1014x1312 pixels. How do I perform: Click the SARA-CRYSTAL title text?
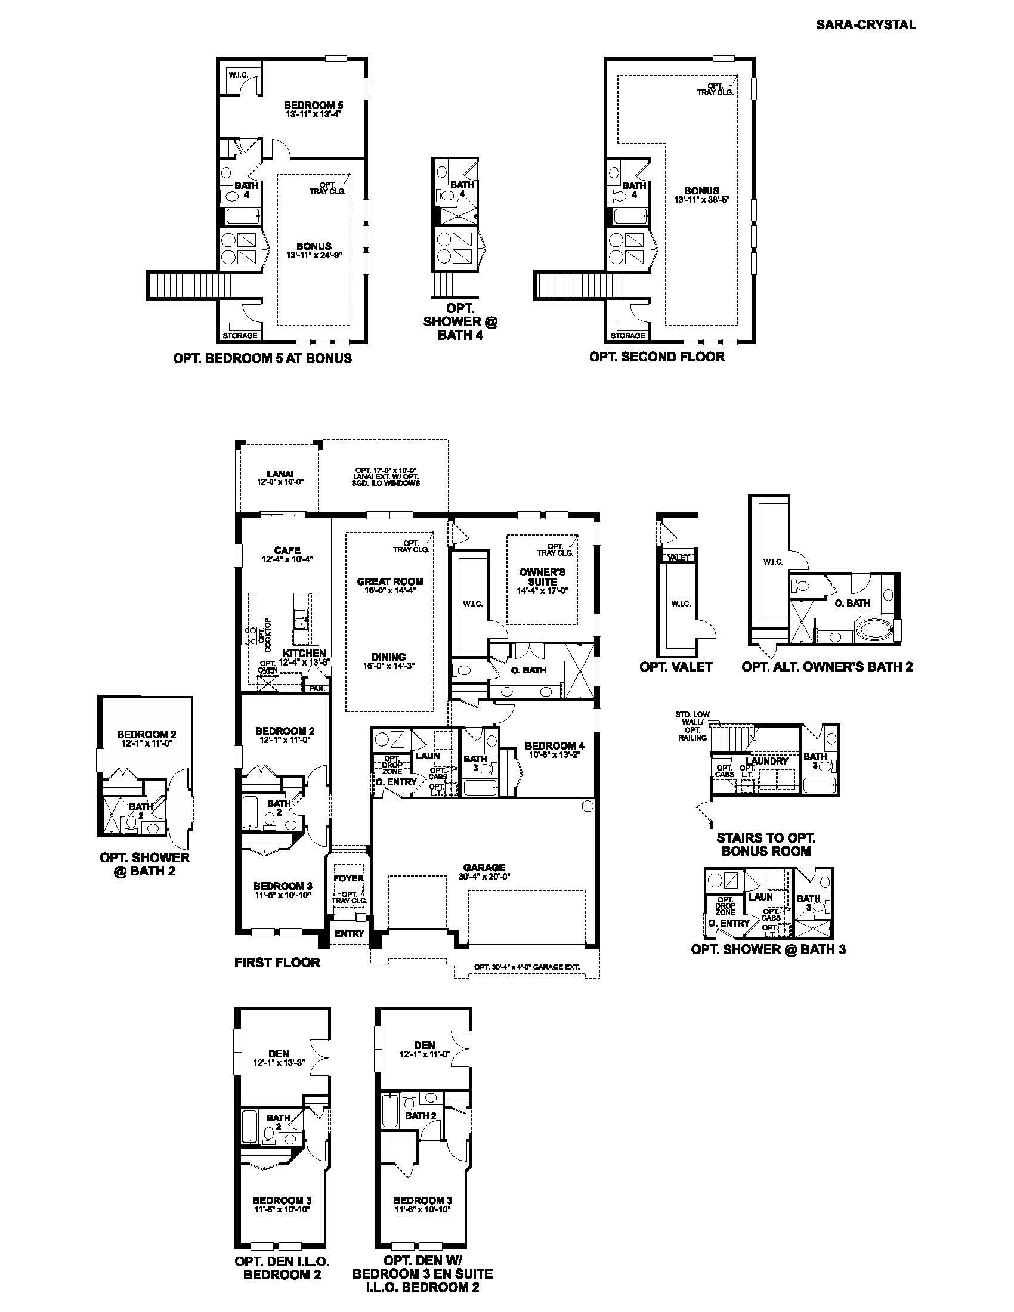865,24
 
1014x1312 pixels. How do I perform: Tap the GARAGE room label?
484,868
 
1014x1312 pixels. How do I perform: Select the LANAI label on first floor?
279,474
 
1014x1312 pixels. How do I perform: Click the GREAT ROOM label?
390,581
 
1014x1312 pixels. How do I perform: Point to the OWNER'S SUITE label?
542,577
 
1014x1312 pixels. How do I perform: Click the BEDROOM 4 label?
551,745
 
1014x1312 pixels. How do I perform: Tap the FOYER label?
348,878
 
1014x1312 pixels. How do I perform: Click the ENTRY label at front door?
349,933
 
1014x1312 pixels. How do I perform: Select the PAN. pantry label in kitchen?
317,689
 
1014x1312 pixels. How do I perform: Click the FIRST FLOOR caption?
277,963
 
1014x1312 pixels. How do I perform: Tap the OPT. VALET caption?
676,666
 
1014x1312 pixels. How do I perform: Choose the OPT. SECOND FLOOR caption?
657,356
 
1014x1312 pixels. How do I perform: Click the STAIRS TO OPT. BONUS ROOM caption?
765,844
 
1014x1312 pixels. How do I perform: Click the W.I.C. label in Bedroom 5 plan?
239,75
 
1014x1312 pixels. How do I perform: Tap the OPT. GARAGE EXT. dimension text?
526,967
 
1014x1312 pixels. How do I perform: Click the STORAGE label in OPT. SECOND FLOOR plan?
627,335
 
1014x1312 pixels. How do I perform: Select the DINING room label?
389,657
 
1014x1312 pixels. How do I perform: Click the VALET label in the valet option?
679,558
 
